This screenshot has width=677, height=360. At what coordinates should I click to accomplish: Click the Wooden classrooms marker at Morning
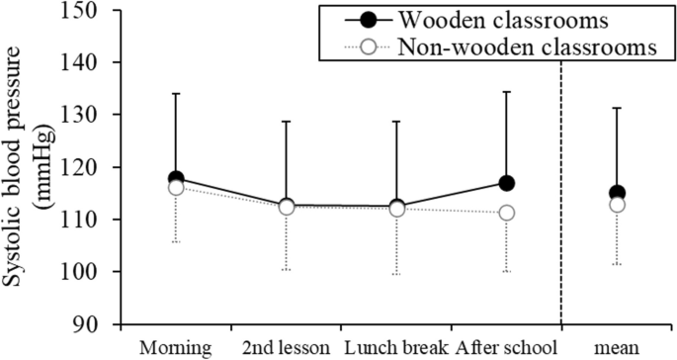click(x=176, y=179)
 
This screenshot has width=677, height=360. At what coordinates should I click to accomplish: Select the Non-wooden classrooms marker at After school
click(x=507, y=213)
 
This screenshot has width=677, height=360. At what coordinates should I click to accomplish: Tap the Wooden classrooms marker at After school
click(x=507, y=183)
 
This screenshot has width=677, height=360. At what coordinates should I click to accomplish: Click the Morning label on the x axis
click(x=175, y=349)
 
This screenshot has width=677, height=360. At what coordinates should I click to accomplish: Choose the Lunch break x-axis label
click(x=397, y=349)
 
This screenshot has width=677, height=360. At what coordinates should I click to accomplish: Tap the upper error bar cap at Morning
click(x=176, y=94)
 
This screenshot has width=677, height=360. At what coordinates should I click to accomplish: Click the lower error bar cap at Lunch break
click(x=397, y=274)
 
